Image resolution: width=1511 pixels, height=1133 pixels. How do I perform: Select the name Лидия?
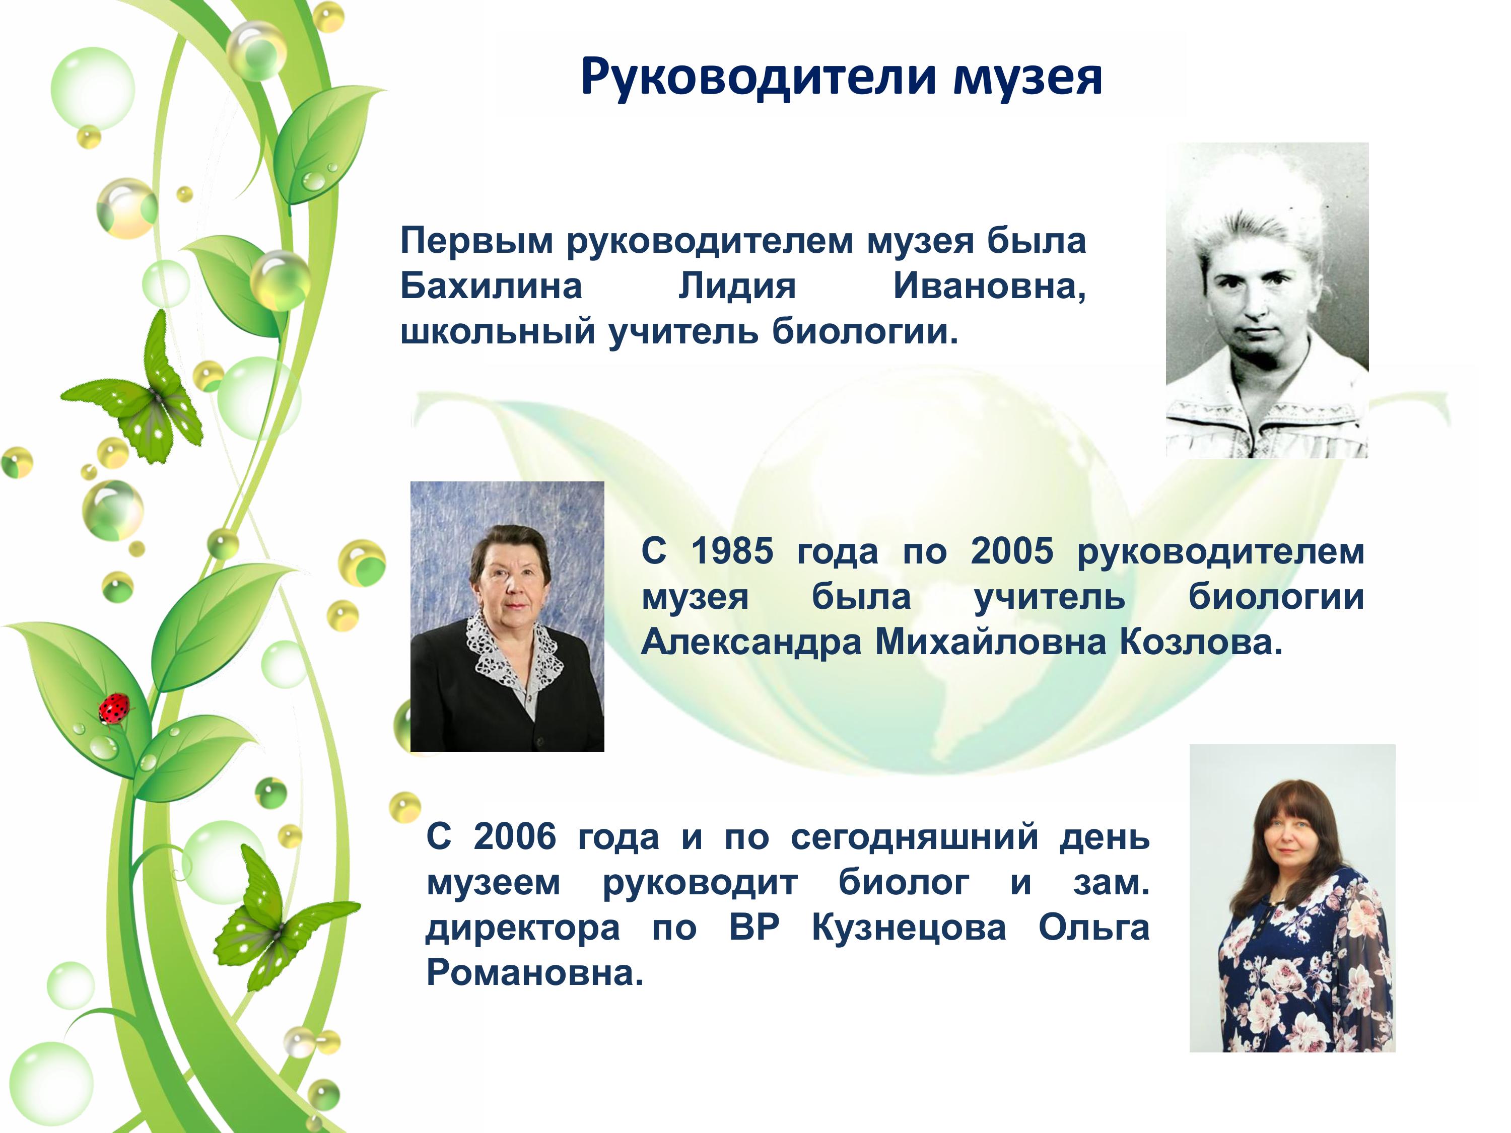click(x=737, y=287)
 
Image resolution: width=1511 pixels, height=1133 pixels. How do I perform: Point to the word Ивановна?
click(x=990, y=287)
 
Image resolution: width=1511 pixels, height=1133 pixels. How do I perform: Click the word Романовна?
click(x=535, y=974)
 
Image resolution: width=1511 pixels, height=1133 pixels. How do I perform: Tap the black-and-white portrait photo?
click(x=1267, y=301)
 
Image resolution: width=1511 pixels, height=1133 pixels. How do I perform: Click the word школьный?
click(x=498, y=332)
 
